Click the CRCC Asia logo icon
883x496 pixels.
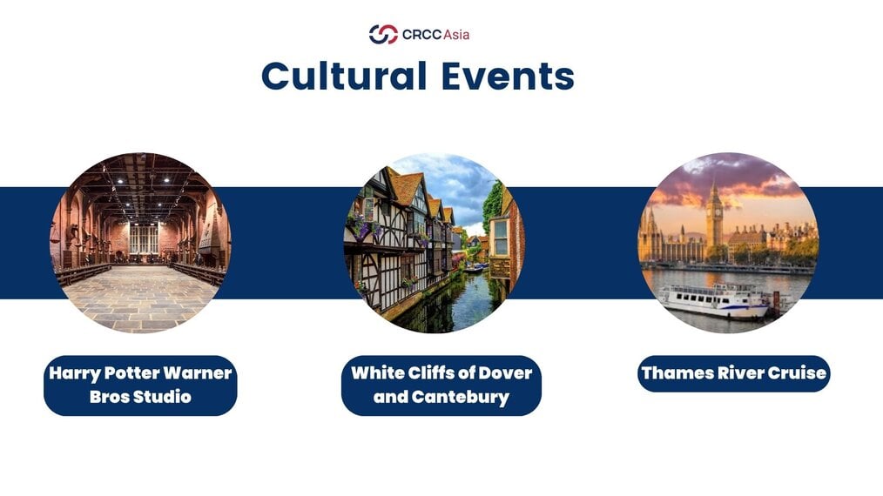tap(383, 34)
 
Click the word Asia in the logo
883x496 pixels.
tap(456, 35)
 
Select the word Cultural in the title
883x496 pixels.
tap(344, 76)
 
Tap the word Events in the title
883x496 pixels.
tap(508, 76)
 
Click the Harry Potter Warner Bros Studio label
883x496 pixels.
tap(140, 385)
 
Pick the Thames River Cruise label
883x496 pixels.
tap(734, 373)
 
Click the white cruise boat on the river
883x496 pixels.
tap(714, 302)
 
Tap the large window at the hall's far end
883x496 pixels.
tap(144, 238)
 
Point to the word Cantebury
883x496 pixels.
tap(461, 397)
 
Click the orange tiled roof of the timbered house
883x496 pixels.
tap(408, 187)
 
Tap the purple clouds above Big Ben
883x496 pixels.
tap(732, 176)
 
